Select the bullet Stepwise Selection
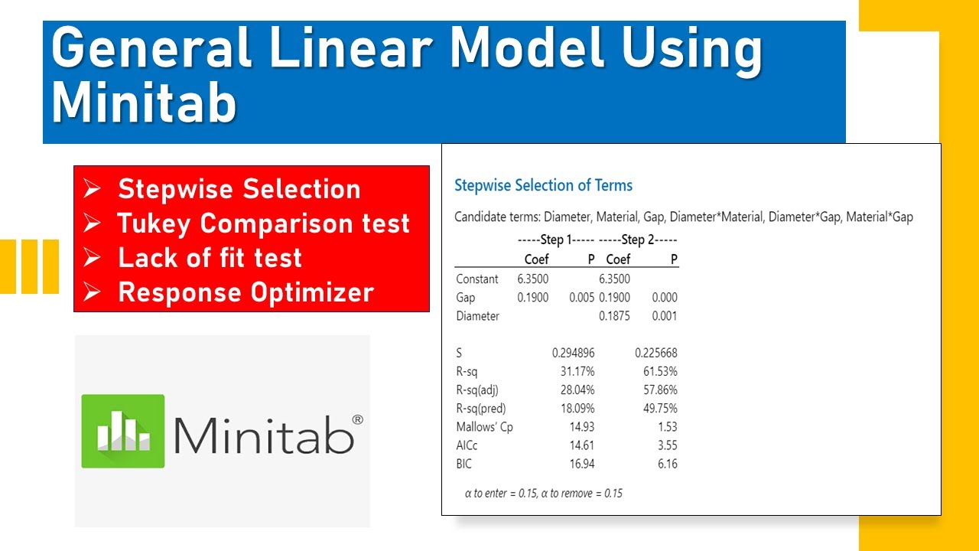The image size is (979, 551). pyautogui.click(x=239, y=189)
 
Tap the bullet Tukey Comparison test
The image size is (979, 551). pyautogui.click(x=263, y=223)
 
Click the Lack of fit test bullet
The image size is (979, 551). pyautogui.click(x=210, y=258)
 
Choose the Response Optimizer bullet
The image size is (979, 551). pyautogui.click(x=246, y=292)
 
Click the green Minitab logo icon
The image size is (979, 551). pyautogui.click(x=123, y=431)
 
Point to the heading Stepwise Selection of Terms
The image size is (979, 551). pyautogui.click(x=543, y=185)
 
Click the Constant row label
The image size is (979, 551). pyautogui.click(x=476, y=279)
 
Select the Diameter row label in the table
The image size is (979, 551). pyautogui.click(x=477, y=316)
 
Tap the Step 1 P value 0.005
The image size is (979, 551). pyautogui.click(x=582, y=298)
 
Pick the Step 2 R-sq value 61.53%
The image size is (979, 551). pyautogui.click(x=660, y=371)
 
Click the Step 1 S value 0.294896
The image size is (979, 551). pyautogui.click(x=573, y=353)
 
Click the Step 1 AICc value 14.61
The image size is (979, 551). pyautogui.click(x=579, y=445)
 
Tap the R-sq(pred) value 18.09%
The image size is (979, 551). pyautogui.click(x=577, y=409)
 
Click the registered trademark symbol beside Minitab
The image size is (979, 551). pyautogui.click(x=356, y=420)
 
